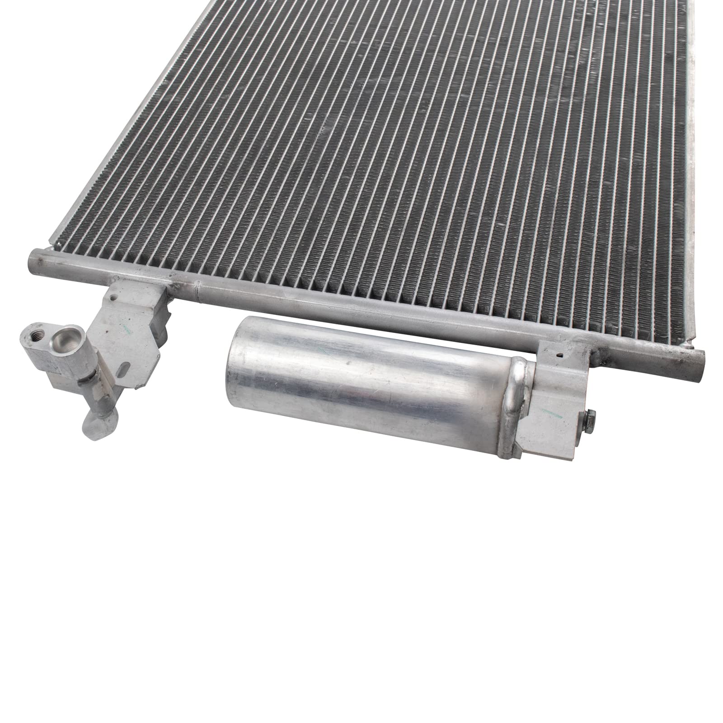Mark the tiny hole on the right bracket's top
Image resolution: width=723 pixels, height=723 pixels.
[561, 353]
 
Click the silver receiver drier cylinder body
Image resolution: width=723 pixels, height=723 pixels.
[361, 375]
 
